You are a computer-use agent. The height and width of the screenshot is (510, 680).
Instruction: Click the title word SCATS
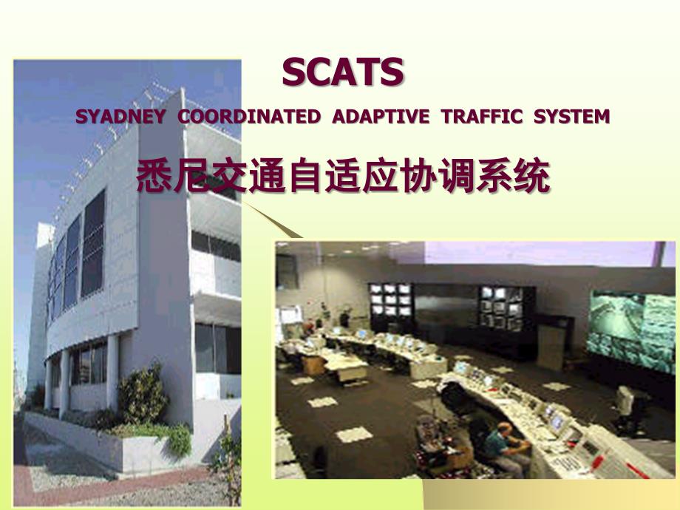[343, 72]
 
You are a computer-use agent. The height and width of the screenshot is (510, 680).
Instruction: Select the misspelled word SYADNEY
[120, 117]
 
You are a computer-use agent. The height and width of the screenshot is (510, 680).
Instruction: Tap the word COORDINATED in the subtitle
[249, 117]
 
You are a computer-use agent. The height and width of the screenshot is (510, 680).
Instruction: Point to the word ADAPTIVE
[381, 117]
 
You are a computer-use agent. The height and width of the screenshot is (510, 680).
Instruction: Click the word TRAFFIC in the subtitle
[482, 117]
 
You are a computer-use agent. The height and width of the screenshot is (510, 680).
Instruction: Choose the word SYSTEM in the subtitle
[571, 117]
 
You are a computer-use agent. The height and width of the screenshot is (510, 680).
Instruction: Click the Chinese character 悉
[154, 176]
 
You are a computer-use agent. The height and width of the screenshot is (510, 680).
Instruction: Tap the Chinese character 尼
[193, 176]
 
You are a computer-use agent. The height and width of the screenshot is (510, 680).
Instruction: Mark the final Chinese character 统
[532, 176]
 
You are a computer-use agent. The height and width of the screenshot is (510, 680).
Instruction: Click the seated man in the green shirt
[503, 446]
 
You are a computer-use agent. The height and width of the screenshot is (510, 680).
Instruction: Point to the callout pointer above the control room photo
[272, 220]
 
